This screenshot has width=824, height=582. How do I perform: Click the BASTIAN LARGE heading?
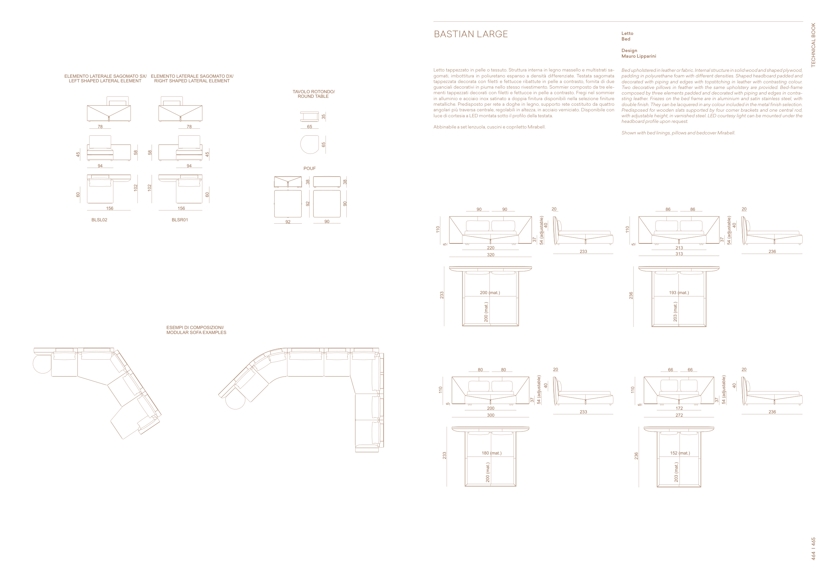click(470, 34)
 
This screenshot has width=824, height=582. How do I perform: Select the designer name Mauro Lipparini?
click(638, 56)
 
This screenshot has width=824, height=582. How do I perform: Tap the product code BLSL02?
click(99, 220)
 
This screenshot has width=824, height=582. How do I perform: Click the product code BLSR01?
click(179, 220)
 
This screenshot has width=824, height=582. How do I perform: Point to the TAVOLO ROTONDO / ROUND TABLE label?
click(313, 94)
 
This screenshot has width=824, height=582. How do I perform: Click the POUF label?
click(309, 169)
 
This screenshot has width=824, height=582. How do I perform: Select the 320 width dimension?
click(490, 255)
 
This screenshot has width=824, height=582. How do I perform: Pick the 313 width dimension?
click(679, 254)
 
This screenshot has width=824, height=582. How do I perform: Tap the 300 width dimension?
click(490, 415)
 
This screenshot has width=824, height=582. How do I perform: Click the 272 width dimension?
click(679, 415)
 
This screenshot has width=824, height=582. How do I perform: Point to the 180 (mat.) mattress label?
click(491, 453)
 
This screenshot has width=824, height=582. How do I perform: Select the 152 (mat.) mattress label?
click(680, 453)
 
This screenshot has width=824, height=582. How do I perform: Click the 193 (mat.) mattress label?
click(679, 293)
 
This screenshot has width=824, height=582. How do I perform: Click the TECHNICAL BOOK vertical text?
click(813, 45)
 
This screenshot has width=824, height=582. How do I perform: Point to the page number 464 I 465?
click(813, 549)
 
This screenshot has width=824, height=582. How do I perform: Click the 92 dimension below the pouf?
click(288, 222)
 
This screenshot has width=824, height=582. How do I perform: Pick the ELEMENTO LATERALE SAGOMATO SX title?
click(105, 76)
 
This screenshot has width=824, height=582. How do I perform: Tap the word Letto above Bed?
click(627, 33)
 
